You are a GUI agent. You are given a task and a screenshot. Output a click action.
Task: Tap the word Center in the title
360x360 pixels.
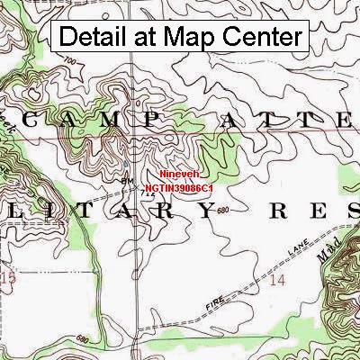click(263, 37)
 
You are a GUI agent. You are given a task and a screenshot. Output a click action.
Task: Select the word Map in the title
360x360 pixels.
click(185, 37)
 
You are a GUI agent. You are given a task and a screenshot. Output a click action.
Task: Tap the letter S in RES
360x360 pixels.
click(346, 211)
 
